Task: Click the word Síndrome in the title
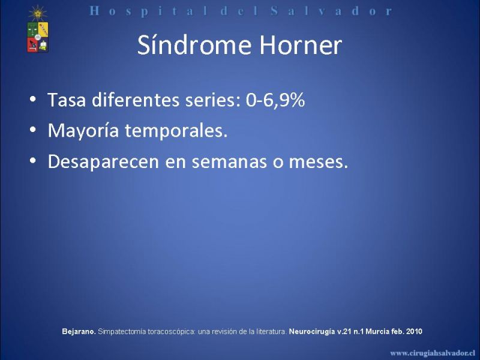194,46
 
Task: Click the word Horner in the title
301,46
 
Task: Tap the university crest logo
38,29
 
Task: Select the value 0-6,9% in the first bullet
275,100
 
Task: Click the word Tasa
67,100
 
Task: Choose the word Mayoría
83,131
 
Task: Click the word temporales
176,131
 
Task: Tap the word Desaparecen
103,161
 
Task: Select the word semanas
229,161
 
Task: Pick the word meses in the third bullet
319,161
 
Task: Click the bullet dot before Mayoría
33,130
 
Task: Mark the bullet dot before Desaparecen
33,161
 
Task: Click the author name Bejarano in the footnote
79,332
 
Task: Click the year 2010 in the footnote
414,331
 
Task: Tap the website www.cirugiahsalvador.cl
433,353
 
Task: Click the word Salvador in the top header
332,11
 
